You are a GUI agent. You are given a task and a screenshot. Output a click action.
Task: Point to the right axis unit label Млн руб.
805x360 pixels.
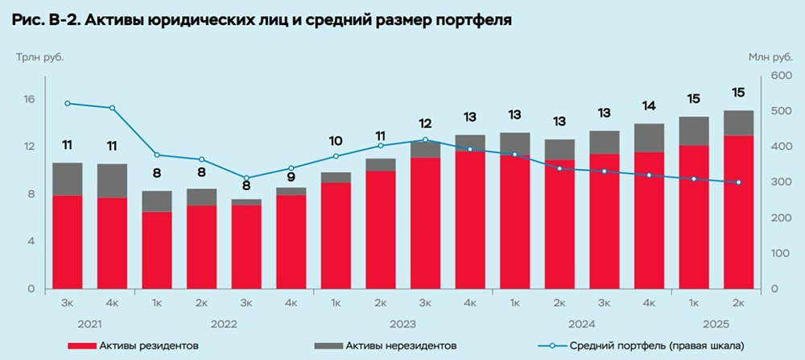(x=770, y=57)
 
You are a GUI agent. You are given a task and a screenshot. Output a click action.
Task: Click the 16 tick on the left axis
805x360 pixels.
(x=29, y=100)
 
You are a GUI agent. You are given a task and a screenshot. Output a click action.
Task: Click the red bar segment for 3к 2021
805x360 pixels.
(x=68, y=242)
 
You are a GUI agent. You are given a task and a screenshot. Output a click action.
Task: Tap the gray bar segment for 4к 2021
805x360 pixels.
(x=112, y=180)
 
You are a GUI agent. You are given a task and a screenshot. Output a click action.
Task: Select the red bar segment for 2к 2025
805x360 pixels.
(x=738, y=212)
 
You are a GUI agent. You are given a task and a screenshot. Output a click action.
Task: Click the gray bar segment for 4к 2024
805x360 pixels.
(x=649, y=138)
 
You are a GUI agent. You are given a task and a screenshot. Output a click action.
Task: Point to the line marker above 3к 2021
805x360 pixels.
(x=68, y=103)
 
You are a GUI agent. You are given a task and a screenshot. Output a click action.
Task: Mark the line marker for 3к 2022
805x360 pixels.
(x=247, y=178)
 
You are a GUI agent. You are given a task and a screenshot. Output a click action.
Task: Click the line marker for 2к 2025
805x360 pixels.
(x=738, y=182)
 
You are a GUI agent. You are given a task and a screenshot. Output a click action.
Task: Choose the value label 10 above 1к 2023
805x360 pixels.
(x=336, y=140)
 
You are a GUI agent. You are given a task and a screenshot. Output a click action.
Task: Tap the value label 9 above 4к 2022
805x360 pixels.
(x=291, y=170)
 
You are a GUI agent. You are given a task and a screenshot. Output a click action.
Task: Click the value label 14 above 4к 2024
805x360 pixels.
(x=649, y=106)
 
